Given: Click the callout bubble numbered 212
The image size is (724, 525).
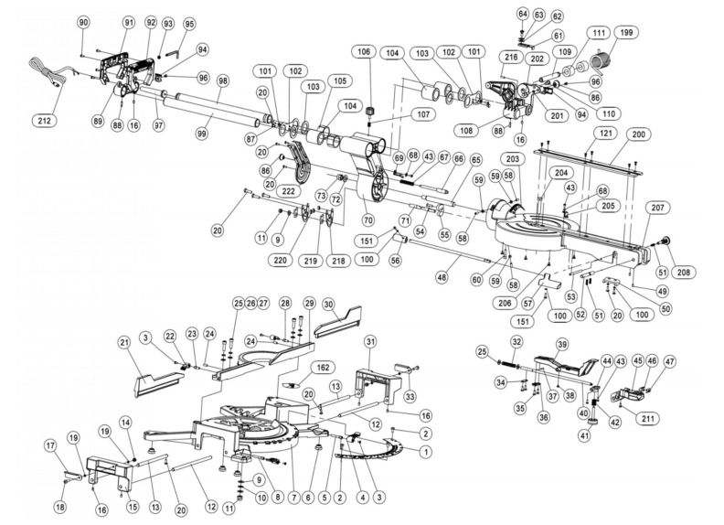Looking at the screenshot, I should point(44,121).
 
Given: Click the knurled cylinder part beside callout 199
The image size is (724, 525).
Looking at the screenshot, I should point(602,61).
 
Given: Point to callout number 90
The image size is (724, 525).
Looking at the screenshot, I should point(83,21).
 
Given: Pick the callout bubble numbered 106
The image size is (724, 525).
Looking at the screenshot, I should point(364,52).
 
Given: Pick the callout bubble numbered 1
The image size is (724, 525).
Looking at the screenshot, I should point(425,451).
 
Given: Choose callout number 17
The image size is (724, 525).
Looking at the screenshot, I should point(51,445).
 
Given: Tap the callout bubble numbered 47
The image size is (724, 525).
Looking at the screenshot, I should point(670,361).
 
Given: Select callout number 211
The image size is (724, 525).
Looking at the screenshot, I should point(652,420).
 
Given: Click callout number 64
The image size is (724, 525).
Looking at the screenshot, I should point(523,14).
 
